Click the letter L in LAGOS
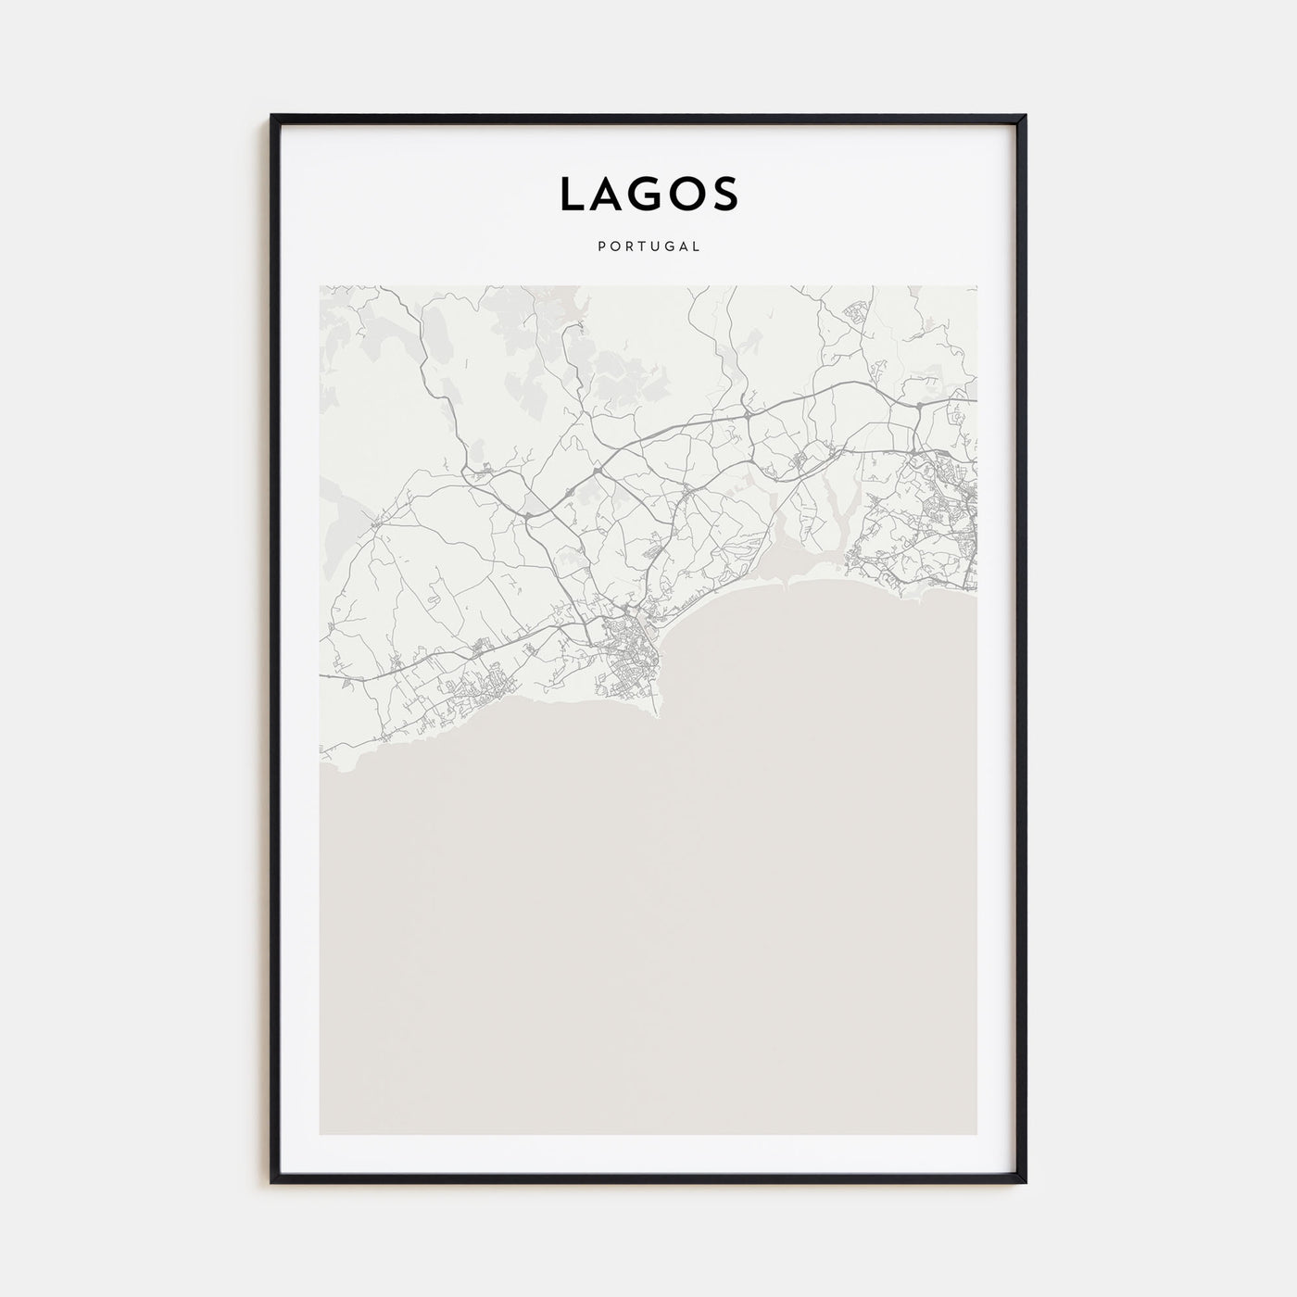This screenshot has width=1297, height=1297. pos(571,194)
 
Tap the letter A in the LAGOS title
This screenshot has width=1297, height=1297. pos(608,194)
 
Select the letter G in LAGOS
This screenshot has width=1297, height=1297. pos(648,194)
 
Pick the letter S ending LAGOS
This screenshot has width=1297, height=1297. pos(726,194)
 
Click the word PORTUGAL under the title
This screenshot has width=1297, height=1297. pos(648,246)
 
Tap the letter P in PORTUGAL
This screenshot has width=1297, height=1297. pos(602,246)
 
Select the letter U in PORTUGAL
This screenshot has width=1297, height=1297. pos(654,246)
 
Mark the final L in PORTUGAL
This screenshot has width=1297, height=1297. pos(696,246)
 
